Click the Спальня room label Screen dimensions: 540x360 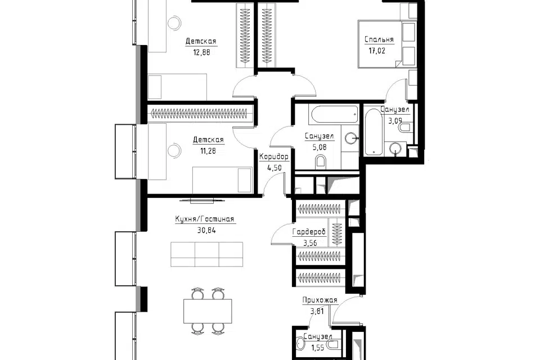379,39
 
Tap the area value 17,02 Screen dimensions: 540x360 377,51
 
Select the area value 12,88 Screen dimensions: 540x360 201,52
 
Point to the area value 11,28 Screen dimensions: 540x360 208,151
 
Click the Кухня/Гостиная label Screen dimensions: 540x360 205,219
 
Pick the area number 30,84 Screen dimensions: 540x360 206,231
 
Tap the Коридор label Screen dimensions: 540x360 274,157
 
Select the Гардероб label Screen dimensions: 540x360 309,232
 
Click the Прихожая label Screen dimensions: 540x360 319,300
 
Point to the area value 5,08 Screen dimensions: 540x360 319,147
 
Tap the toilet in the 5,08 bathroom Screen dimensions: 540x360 320,162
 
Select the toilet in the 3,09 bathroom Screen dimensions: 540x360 404,128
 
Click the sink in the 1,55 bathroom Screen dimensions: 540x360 300,344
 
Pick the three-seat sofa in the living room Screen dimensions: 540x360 206,254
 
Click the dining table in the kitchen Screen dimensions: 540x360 208,311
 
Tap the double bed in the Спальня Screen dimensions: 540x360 387,44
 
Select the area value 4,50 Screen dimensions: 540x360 274,168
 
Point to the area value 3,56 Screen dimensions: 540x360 310,243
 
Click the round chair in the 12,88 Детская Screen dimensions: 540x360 174,22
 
